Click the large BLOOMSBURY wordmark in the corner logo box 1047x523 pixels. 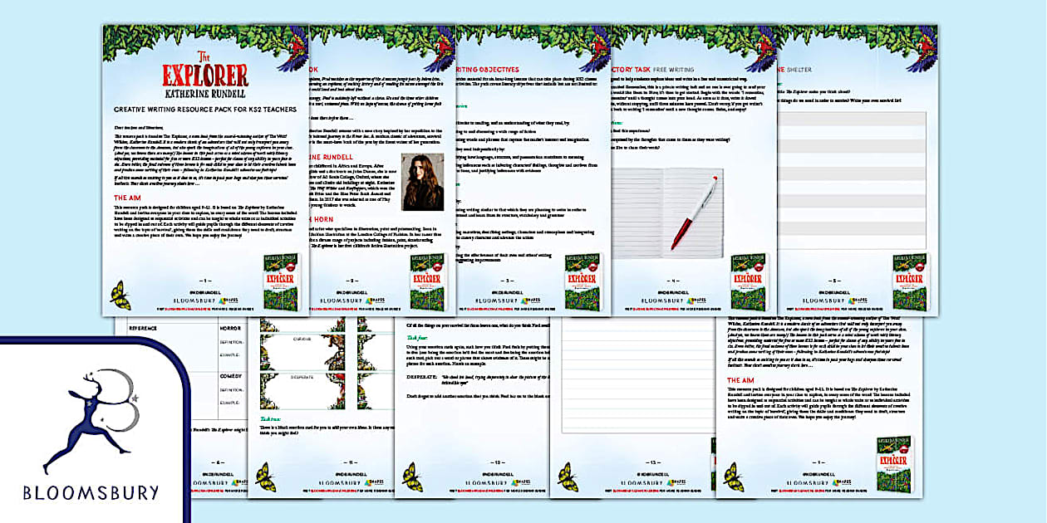coord(91,493)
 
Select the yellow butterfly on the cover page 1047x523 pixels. coord(120,295)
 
